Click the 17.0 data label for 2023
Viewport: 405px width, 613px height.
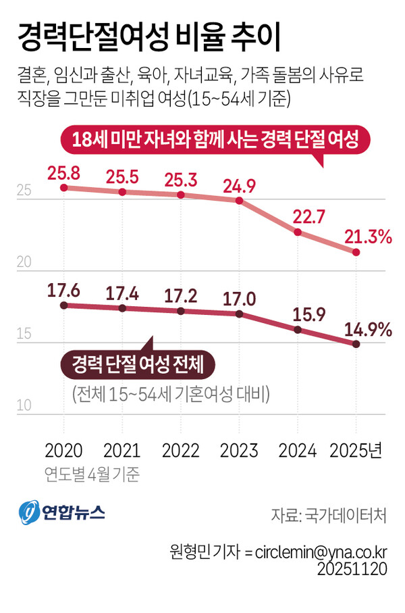tap(238, 298)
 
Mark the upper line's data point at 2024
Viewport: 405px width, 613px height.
tap(298, 232)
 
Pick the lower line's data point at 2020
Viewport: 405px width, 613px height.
tap(63, 305)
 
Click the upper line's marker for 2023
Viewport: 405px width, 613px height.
tap(239, 201)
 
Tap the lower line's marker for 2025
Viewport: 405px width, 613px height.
tap(356, 344)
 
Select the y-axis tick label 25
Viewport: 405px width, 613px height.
tap(24, 192)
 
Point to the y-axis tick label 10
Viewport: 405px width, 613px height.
tap(24, 406)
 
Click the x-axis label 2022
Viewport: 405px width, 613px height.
tap(180, 450)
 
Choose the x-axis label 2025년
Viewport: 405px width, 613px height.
tap(356, 450)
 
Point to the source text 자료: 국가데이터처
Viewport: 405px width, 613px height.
tap(328, 516)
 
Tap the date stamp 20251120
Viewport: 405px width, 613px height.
tap(352, 569)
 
